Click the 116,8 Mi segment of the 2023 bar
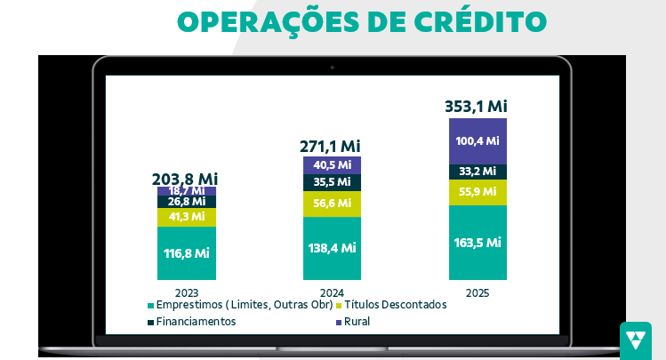click(x=187, y=253)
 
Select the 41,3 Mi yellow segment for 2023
click(x=187, y=217)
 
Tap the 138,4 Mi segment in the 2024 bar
click(x=332, y=248)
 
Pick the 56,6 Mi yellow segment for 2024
click(x=332, y=204)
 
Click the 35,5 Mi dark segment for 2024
click(x=332, y=182)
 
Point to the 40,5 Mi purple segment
click(x=332, y=164)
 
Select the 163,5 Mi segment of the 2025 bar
click(x=477, y=243)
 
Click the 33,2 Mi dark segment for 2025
click(x=477, y=172)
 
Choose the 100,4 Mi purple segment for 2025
click(x=477, y=140)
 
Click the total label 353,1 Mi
click(x=476, y=107)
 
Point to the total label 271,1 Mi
click(x=331, y=146)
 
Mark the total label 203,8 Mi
click(x=186, y=178)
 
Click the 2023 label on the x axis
click(x=187, y=293)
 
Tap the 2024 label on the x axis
click(x=332, y=293)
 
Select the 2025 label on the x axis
click(x=477, y=293)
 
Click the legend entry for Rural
click(x=356, y=322)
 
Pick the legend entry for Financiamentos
click(x=196, y=322)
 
